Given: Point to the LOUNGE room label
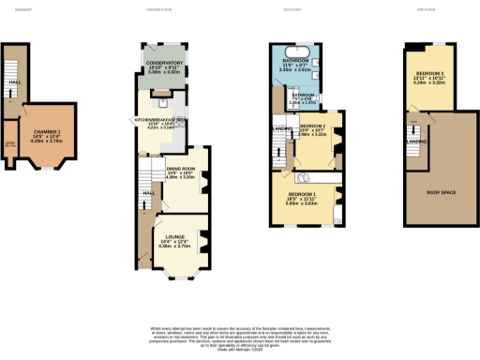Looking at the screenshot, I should tap(174, 236).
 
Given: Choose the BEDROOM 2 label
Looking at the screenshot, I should tap(312, 125).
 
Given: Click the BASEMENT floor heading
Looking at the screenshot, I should tap(11, 8).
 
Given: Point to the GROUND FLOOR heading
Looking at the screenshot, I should tap(157, 8).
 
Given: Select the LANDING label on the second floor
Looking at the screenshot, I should tap(416, 142).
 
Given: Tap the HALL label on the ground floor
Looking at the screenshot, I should tap(147, 192).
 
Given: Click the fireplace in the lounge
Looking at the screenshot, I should tap(202, 234).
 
